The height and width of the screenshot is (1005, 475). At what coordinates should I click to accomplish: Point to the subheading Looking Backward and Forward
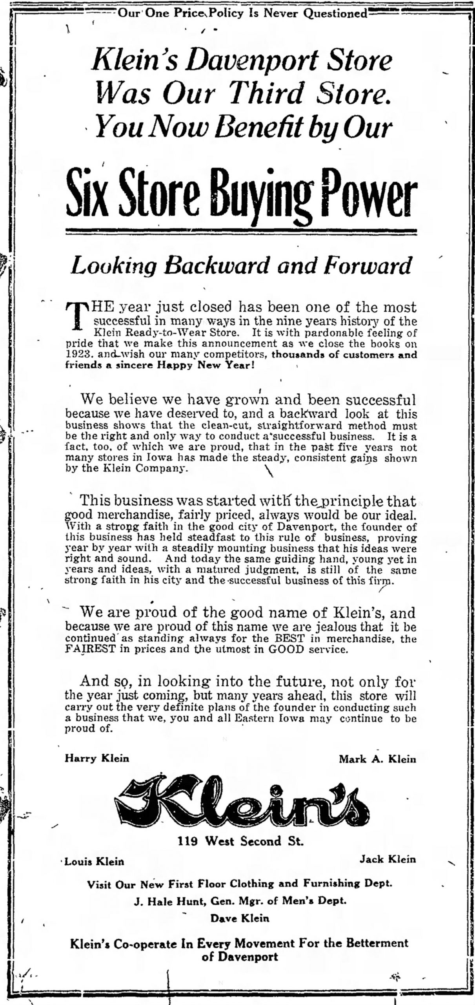click(x=241, y=266)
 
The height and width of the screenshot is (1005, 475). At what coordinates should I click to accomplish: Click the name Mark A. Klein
click(x=377, y=758)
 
